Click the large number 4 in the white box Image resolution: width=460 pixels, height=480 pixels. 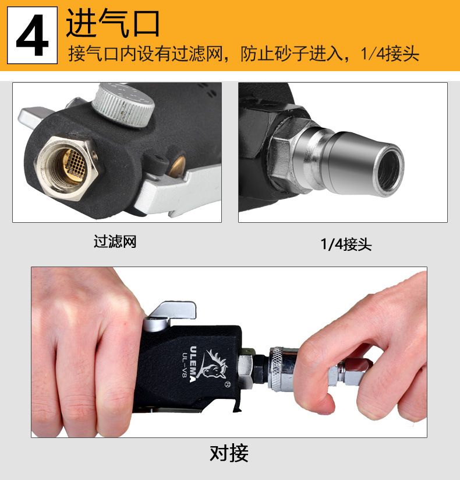point(33,36)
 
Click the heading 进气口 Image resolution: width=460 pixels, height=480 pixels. point(113,23)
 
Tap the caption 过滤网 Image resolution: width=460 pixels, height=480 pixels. point(115,241)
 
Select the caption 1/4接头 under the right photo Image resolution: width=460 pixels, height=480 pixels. point(346,244)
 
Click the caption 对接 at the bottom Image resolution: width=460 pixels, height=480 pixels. point(229,453)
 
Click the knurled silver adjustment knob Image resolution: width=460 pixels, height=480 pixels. point(123,104)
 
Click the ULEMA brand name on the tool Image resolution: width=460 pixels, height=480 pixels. point(193,364)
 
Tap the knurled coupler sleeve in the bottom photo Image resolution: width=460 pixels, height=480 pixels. point(278,369)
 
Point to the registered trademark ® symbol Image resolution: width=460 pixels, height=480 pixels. point(227,384)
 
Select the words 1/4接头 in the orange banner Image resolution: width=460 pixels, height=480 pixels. point(390,54)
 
